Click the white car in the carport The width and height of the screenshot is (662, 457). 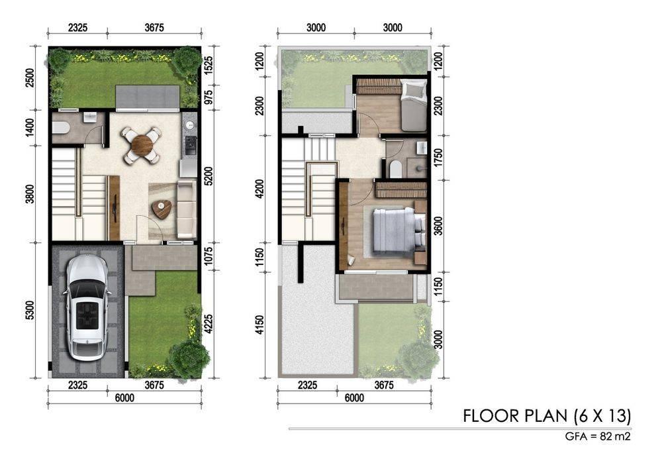pos(87,307)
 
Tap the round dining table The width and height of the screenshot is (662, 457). pos(142,145)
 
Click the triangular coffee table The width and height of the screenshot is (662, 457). pos(162,209)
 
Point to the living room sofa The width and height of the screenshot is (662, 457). pos(186,209)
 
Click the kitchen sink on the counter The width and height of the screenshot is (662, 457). pos(190,125)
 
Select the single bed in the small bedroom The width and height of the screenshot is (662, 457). pos(413,107)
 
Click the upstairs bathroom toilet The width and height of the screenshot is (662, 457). pos(396,168)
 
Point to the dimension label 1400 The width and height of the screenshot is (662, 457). pos(29,128)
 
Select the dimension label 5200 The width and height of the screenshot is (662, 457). pos(208,176)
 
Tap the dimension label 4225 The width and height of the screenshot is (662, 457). pos(208,324)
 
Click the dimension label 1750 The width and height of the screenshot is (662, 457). pos(438,158)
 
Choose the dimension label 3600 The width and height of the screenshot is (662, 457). pos(438,227)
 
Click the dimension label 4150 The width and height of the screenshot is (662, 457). pos(260,325)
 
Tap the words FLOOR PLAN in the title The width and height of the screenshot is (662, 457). pos(516,416)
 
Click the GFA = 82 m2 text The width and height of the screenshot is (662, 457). pos(598,436)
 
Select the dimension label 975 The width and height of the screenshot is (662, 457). pos(208,98)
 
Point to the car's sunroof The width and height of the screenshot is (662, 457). pos(87,314)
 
